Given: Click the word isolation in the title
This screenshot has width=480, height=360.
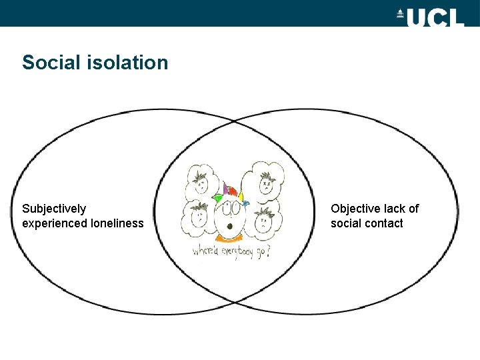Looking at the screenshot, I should [127, 63].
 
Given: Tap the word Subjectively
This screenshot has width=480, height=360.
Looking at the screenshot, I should [54, 209].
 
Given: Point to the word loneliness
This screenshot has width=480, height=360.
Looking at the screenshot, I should [117, 223].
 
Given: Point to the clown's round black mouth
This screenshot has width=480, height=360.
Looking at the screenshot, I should [229, 225].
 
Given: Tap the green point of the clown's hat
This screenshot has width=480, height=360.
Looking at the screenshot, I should [215, 197].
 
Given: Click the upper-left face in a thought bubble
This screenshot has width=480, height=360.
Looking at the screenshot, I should [200, 178].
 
